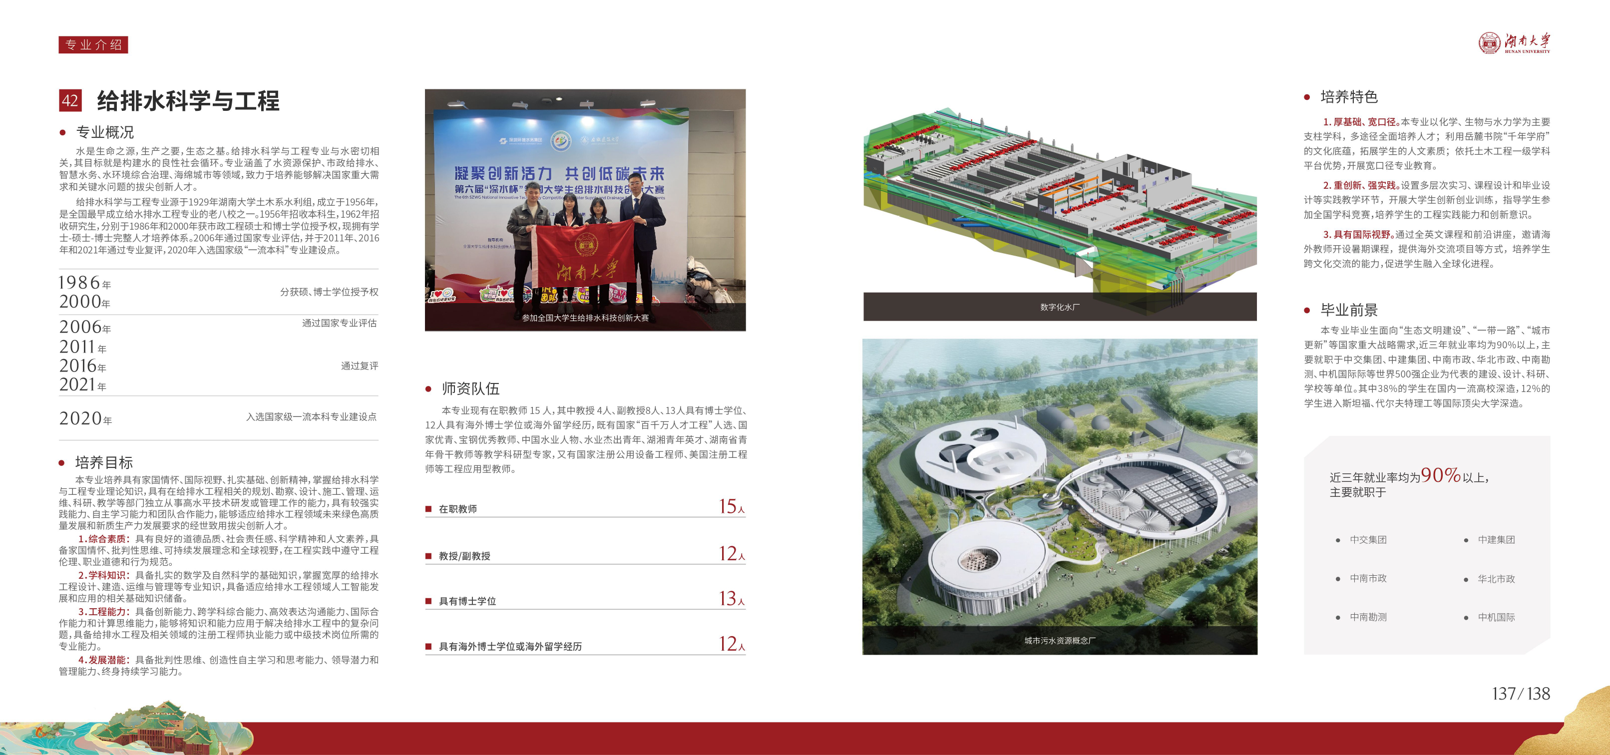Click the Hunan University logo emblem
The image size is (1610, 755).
[1489, 43]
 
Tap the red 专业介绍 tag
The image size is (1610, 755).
[93, 44]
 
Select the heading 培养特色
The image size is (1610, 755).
[1349, 97]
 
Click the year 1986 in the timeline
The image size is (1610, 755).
[79, 283]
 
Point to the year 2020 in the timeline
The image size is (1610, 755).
[80, 418]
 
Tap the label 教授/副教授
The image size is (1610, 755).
[464, 556]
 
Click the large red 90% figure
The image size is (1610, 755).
[1441, 475]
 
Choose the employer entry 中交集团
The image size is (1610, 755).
[1368, 540]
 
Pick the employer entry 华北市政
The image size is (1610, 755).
[1496, 579]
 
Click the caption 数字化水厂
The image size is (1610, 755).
[1059, 308]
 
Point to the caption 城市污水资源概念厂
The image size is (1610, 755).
[1059, 641]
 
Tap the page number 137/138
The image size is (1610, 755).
[1521, 694]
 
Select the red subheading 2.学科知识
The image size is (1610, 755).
[104, 576]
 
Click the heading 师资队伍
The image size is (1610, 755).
[470, 389]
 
